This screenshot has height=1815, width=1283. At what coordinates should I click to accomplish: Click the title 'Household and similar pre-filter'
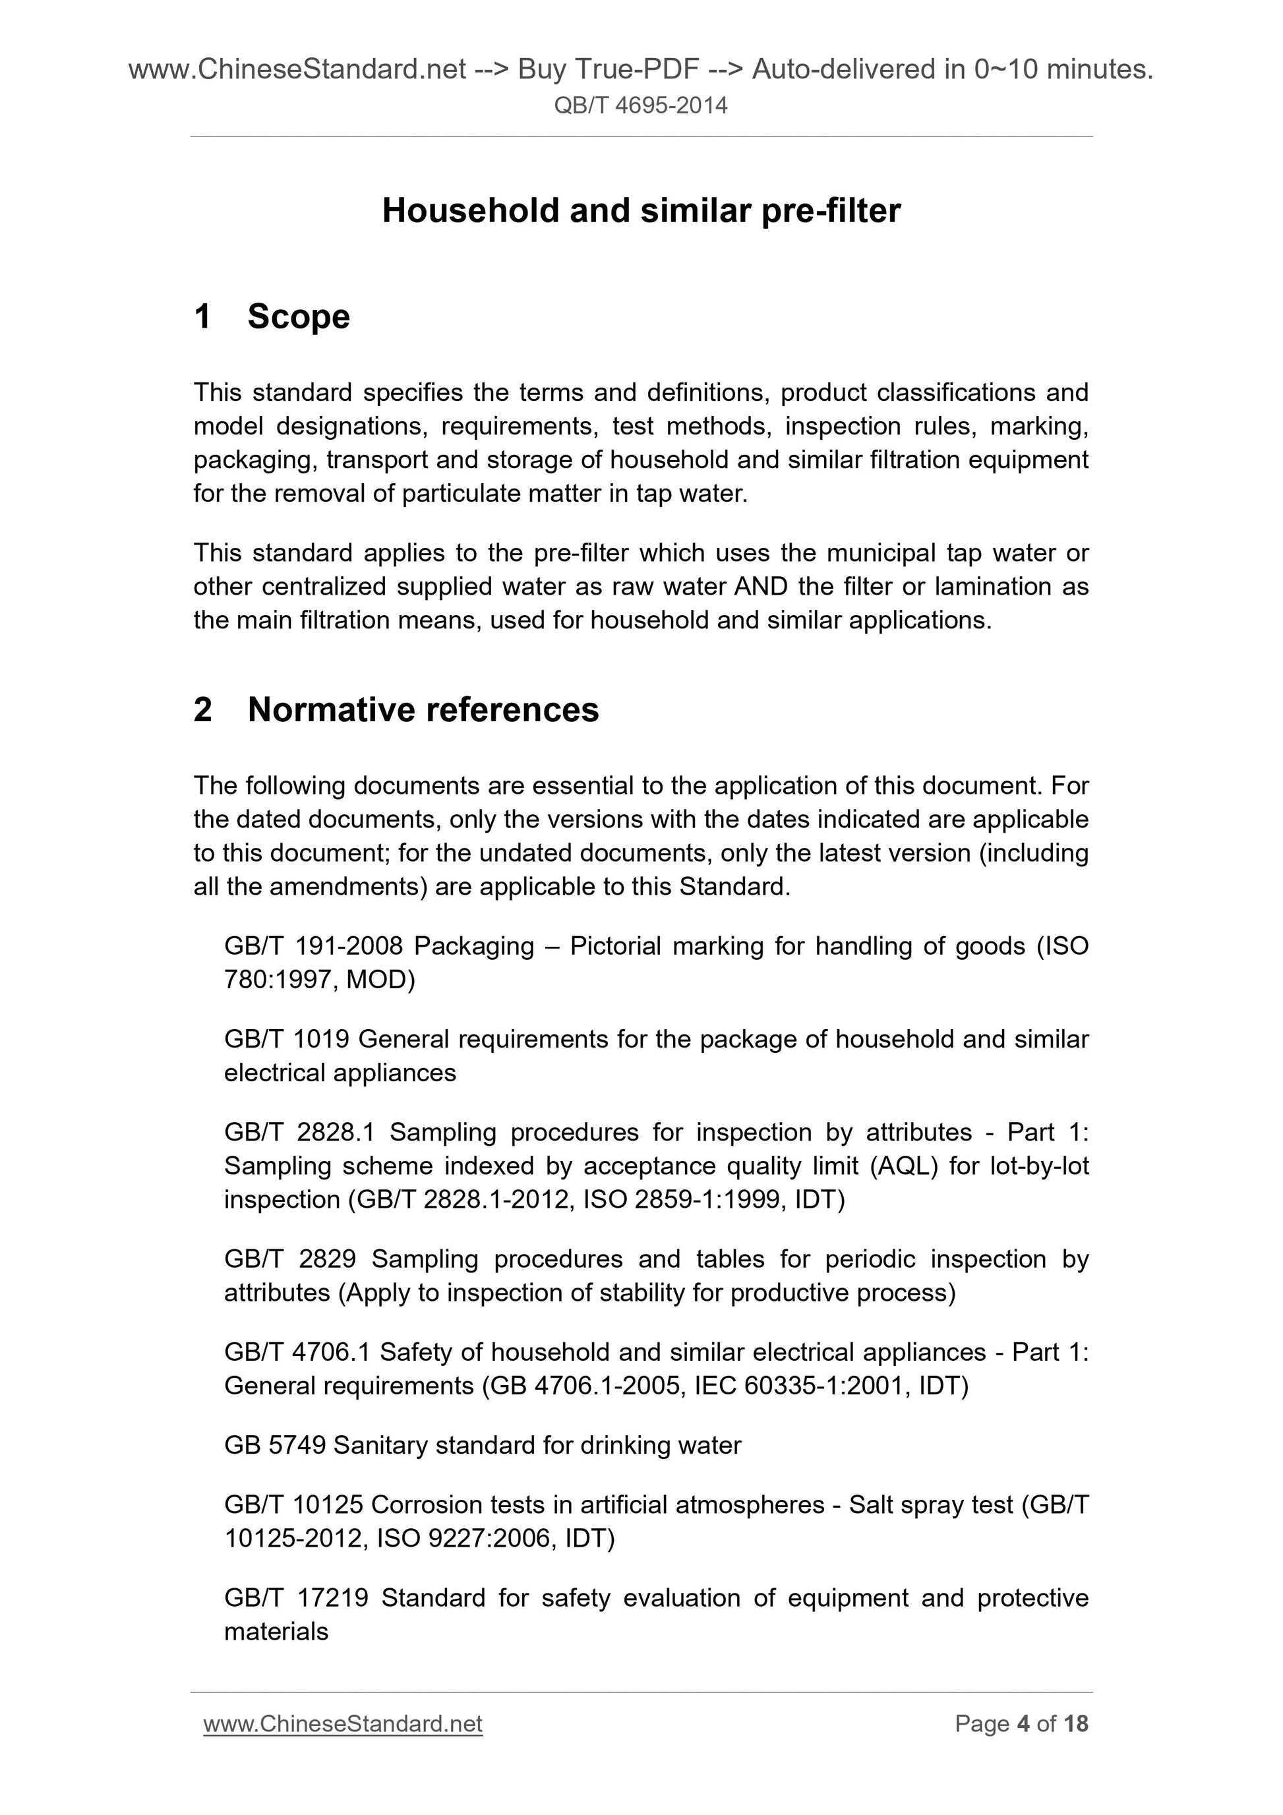point(641,211)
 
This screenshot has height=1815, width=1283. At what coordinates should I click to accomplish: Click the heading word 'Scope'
point(298,317)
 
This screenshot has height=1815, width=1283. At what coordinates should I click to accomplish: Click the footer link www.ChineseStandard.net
point(342,1723)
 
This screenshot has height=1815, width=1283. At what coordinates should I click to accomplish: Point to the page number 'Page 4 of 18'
point(1021,1723)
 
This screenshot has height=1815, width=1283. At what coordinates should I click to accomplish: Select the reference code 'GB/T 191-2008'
point(313,945)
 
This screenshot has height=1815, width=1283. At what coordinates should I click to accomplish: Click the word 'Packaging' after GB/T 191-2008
point(473,945)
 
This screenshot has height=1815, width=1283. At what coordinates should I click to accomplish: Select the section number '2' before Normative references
point(203,710)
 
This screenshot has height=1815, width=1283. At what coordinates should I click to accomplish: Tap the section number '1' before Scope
point(203,317)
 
